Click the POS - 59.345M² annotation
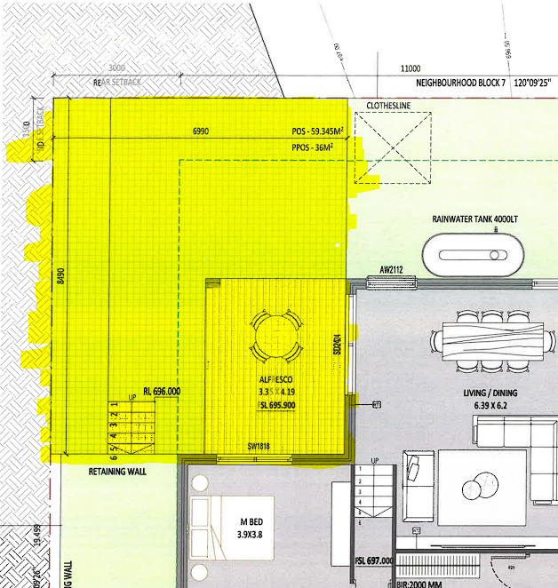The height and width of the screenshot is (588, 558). coord(318,131)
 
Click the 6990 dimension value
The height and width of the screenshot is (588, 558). coord(201,131)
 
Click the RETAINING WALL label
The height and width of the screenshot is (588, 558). coord(117,472)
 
